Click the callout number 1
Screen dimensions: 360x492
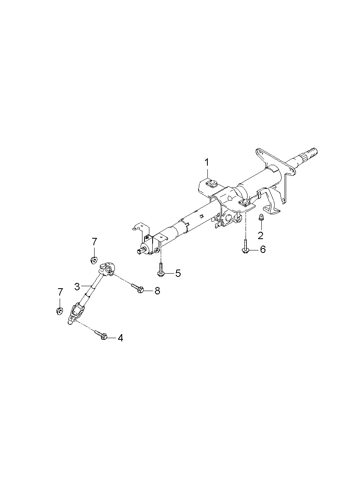[x=207, y=162]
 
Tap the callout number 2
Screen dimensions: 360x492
[x=261, y=235]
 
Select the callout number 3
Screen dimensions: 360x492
[x=77, y=287]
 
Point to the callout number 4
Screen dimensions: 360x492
[x=120, y=338]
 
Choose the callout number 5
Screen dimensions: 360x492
[x=178, y=273]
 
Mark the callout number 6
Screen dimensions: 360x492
[x=263, y=249]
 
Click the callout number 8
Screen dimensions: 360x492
[x=157, y=291]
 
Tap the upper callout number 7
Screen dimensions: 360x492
[x=95, y=242]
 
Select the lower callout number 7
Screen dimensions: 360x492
[x=60, y=292]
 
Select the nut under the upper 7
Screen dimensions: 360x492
[x=94, y=261]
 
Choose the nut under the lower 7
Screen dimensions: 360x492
[x=60, y=311]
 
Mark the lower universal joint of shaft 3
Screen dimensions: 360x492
[x=75, y=312]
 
